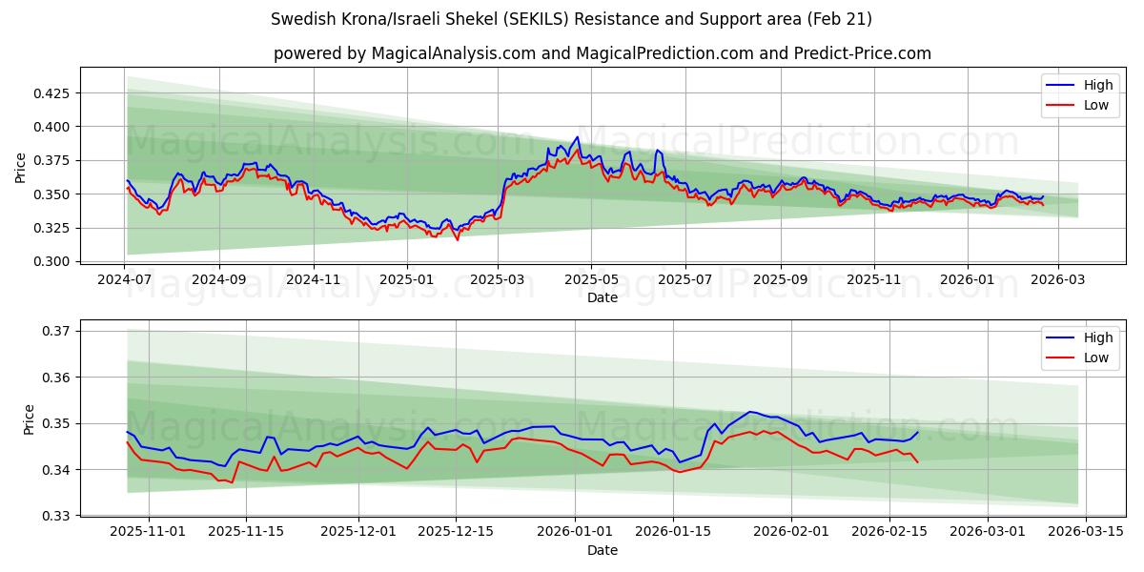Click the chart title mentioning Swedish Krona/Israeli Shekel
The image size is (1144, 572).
tap(571, 19)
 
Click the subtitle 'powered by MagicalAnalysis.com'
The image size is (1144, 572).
tap(602, 53)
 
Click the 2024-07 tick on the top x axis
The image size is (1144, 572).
tap(125, 279)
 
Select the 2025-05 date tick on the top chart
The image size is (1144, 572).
tap(591, 279)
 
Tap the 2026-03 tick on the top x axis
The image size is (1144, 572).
tap(1058, 279)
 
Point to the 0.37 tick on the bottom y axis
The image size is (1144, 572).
tap(57, 331)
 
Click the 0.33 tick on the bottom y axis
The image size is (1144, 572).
tap(57, 516)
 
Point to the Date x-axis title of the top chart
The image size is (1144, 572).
tap(602, 297)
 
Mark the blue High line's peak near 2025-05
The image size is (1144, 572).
tap(577, 137)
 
